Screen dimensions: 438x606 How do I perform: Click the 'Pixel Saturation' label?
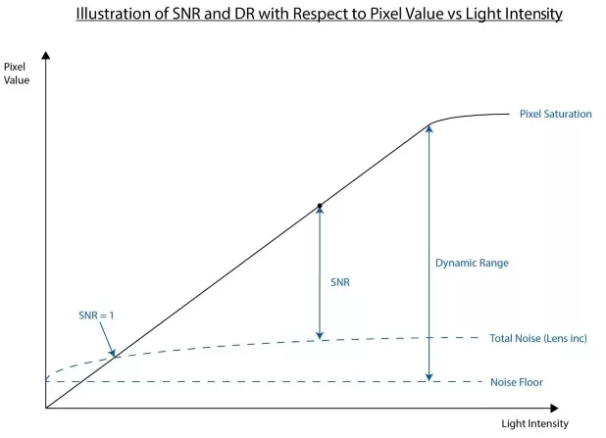[x=555, y=114]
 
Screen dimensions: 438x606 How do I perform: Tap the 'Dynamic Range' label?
[x=472, y=263]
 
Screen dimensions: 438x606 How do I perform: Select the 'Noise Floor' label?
[x=516, y=382]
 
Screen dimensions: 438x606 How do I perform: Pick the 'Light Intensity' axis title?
[x=534, y=423]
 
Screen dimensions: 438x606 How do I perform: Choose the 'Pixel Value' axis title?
[x=16, y=72]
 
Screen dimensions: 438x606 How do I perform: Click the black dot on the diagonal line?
[x=320, y=206]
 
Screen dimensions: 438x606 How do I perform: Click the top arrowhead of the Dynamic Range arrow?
[x=429, y=128]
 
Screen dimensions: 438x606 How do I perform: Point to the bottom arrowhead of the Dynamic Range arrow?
[x=429, y=376]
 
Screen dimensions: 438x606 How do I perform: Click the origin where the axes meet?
[x=46, y=407]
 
